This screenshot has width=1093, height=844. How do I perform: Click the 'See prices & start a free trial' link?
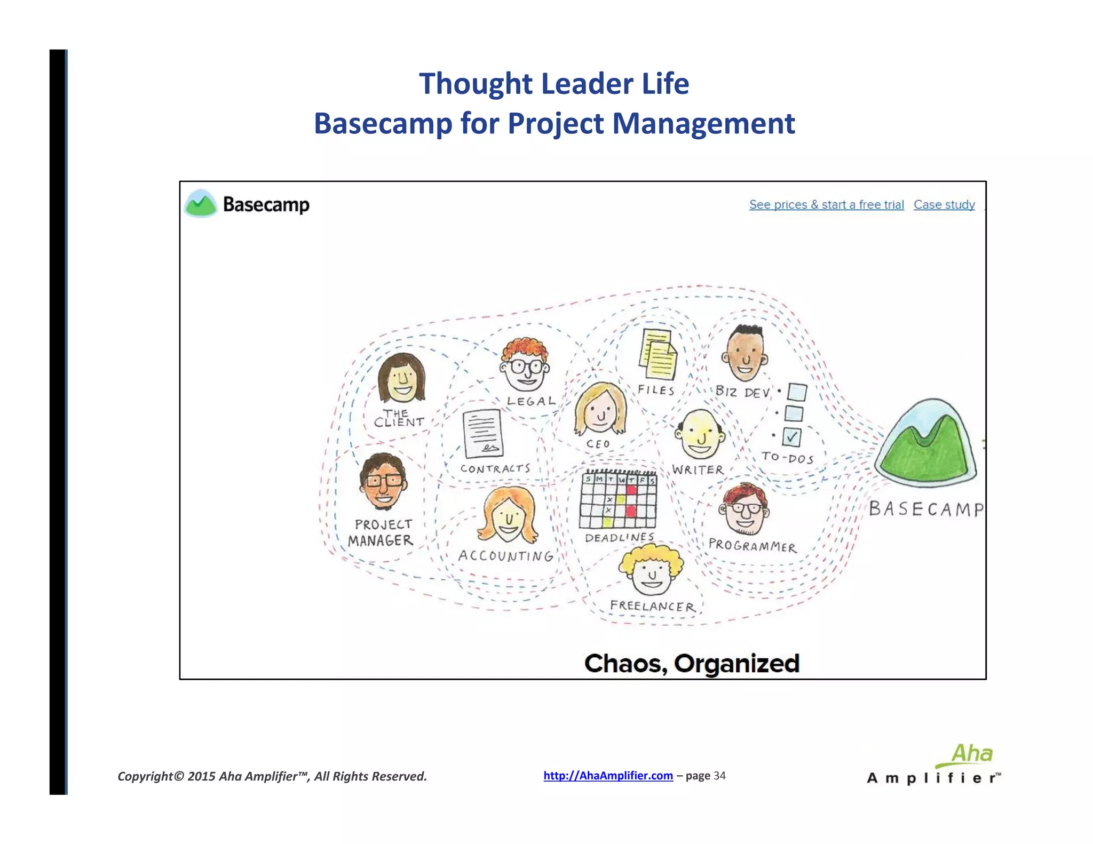point(826,204)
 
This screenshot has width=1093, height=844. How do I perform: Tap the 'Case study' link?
point(944,204)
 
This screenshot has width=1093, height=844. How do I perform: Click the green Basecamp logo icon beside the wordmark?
point(200,204)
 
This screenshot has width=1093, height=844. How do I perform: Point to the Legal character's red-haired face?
point(525,367)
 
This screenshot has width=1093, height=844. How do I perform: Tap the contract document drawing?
point(483,433)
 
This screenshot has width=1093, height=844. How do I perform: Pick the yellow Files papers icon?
point(658,354)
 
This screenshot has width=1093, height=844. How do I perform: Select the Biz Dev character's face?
point(745,354)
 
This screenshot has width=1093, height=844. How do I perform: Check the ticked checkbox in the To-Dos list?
point(791,437)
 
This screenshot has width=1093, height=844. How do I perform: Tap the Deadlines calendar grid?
point(619,500)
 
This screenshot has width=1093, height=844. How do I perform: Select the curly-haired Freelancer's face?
point(651,571)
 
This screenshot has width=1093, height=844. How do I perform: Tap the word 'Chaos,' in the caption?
point(625,664)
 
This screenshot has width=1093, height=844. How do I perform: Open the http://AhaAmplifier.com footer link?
point(608,776)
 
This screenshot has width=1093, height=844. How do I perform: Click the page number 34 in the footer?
point(719,776)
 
